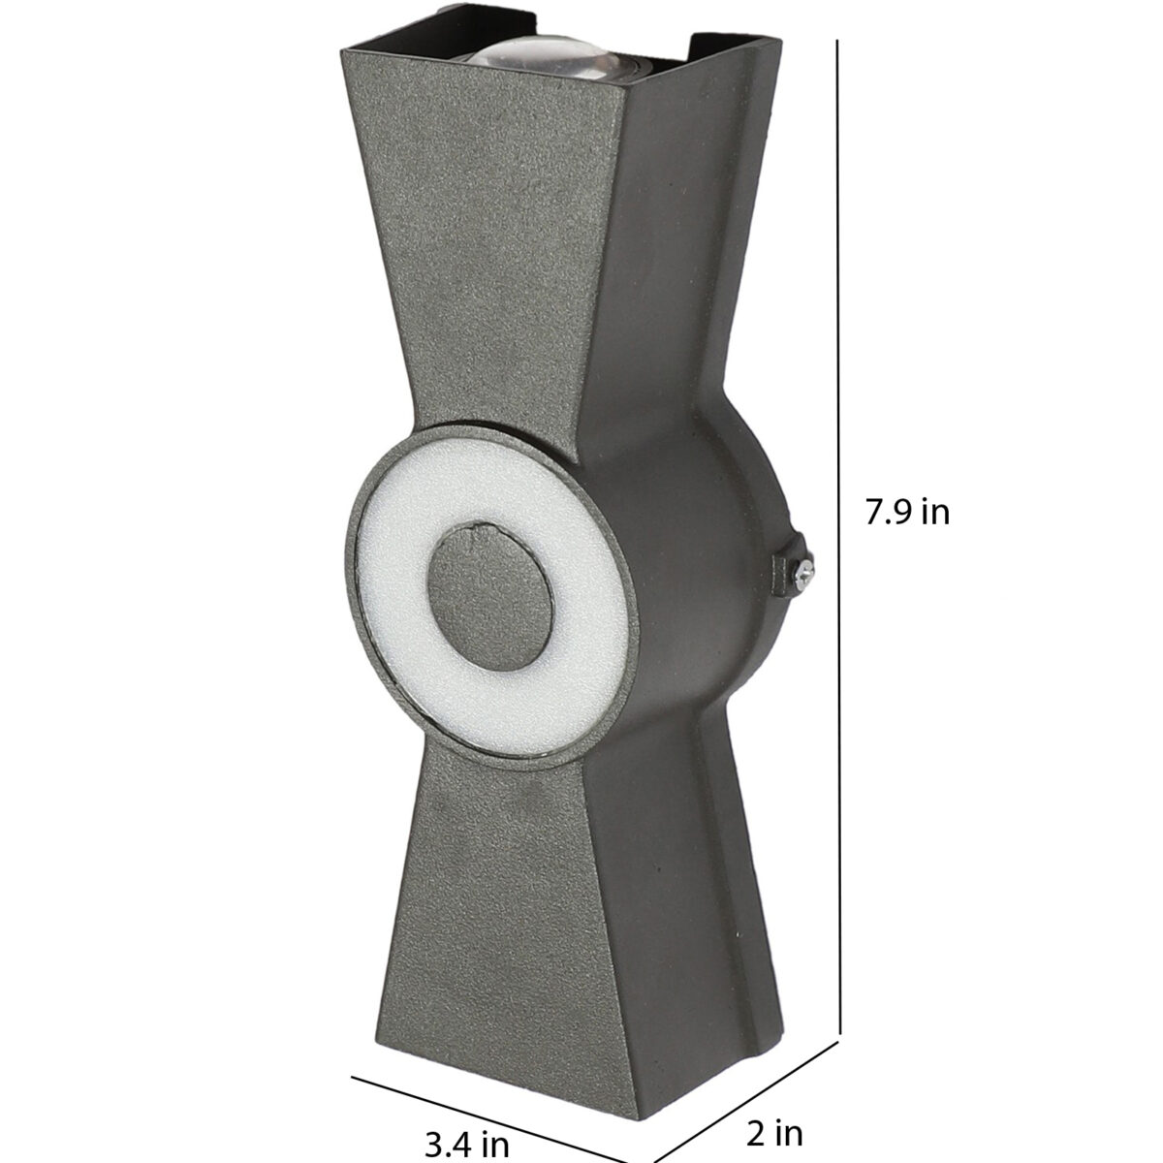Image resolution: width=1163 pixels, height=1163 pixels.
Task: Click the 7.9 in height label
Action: pos(908,513)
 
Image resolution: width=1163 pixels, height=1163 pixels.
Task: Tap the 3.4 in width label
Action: pos(468,1142)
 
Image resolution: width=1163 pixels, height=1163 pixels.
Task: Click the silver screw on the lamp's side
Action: pos(804,570)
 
